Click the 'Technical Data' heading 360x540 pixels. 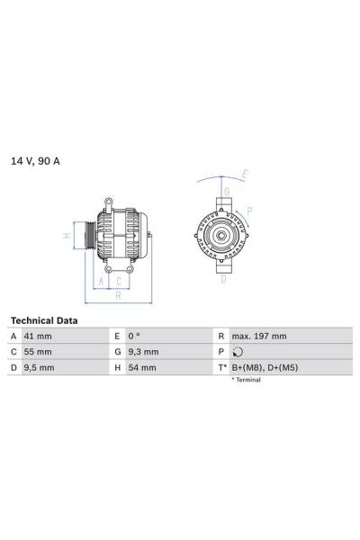point(43,320)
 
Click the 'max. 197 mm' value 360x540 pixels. point(258,337)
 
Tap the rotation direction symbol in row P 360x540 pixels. point(236,352)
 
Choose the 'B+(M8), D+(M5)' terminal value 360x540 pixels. point(265,368)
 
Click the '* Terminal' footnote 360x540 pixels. point(246,381)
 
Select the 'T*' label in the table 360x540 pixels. point(220,368)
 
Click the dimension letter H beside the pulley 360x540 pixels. point(66,236)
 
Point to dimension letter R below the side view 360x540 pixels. point(117,294)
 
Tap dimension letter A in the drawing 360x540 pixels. point(101,280)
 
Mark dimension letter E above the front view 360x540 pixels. point(245,174)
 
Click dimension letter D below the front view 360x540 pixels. point(223,279)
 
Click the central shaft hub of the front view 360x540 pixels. point(220,236)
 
